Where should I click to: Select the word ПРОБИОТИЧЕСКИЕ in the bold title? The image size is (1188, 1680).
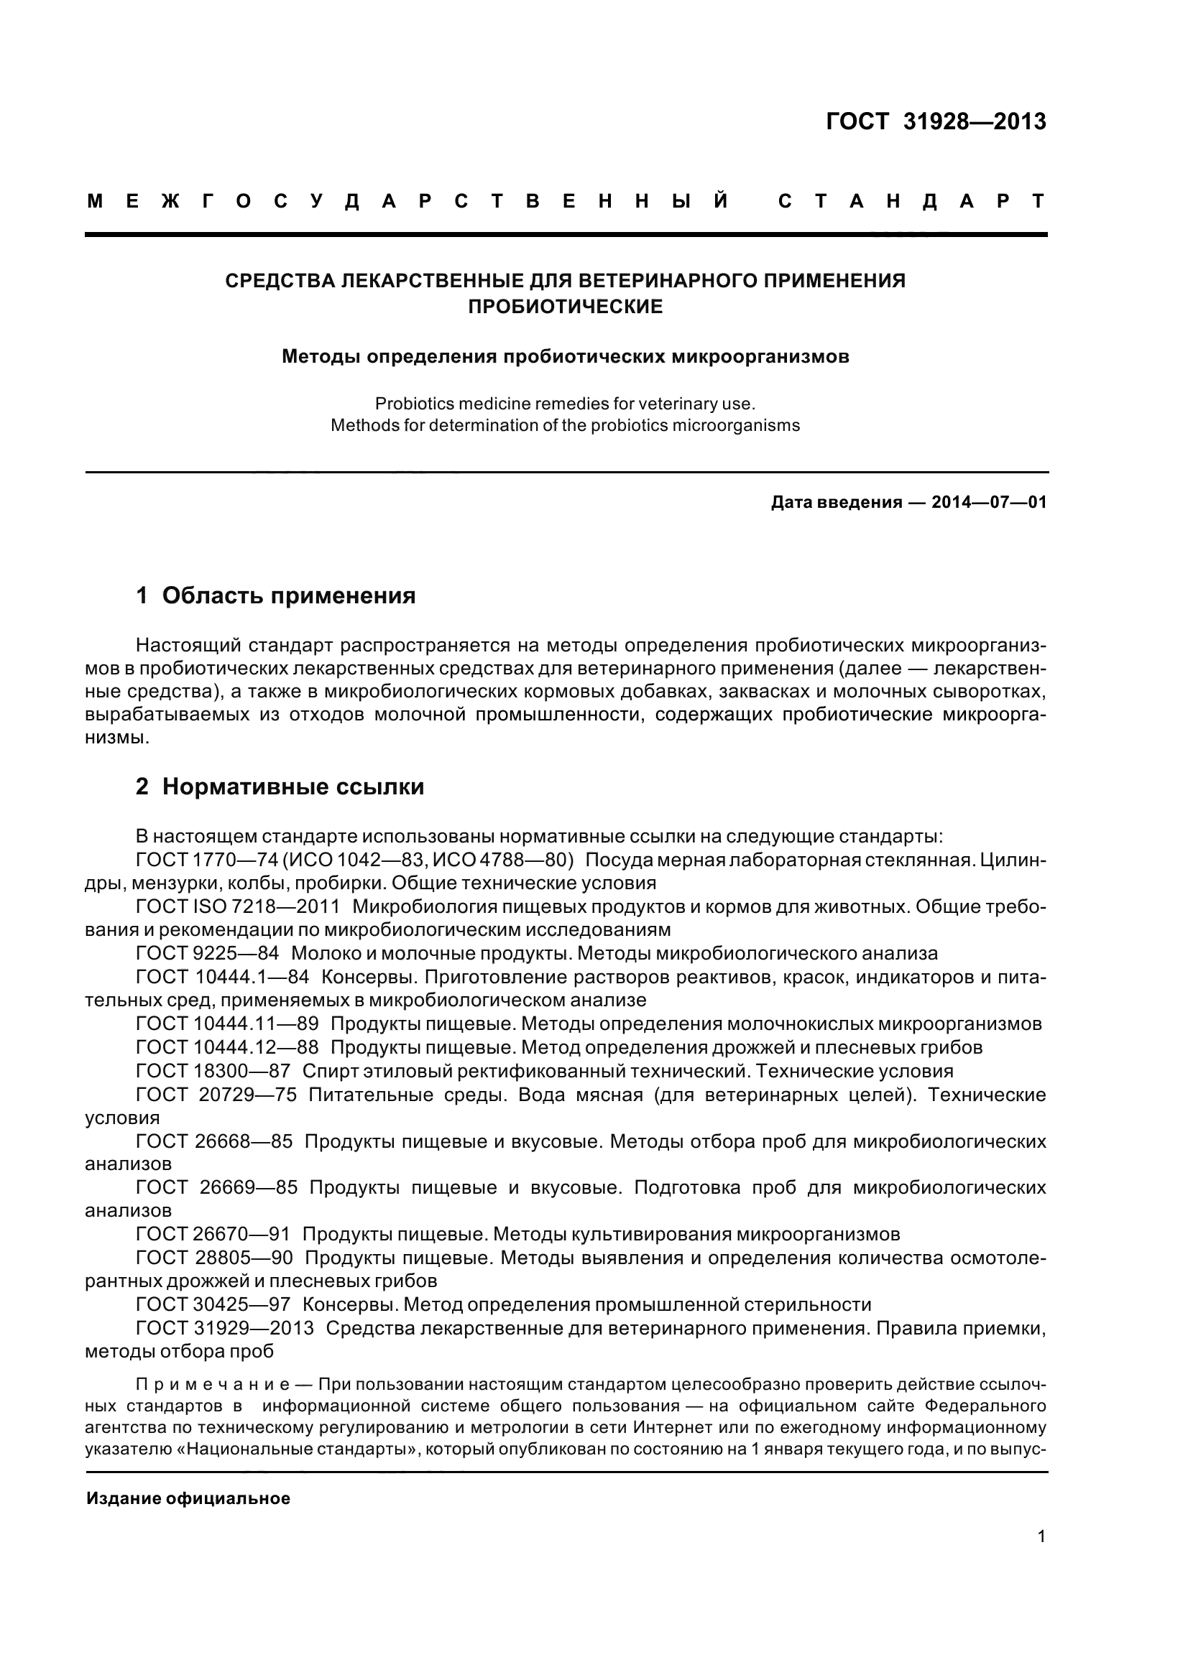tap(565, 307)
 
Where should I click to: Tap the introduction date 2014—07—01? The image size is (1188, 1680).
tap(989, 503)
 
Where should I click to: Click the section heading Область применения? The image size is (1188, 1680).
tap(288, 595)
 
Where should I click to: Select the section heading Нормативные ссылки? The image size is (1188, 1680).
tap(293, 786)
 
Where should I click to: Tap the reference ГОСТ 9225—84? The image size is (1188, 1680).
tap(207, 953)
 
